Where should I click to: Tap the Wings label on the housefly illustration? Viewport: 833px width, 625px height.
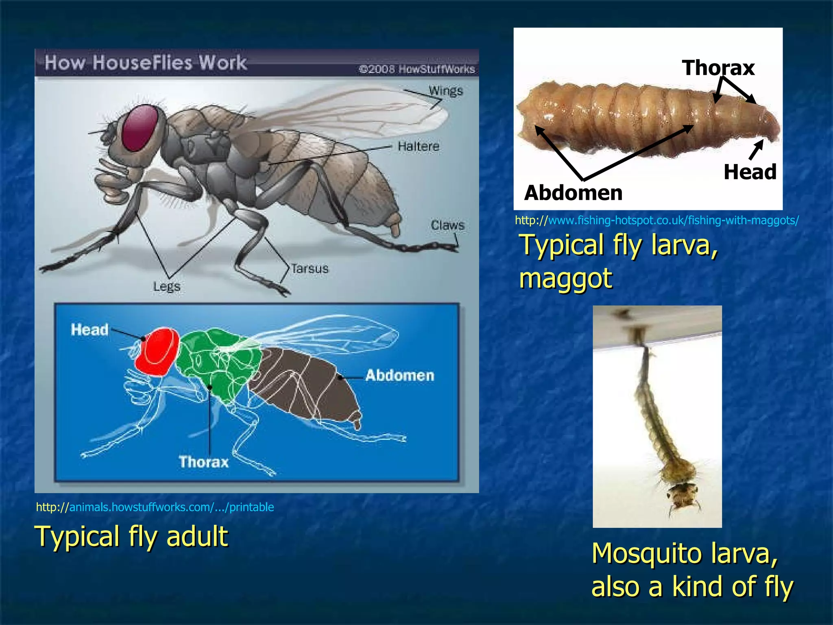point(446,90)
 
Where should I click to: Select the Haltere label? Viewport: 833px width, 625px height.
point(419,146)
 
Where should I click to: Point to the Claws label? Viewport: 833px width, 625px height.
point(447,225)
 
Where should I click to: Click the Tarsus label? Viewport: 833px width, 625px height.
point(310,269)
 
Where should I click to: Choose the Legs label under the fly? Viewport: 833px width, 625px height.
point(167,286)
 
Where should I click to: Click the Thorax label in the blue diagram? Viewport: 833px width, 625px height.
point(203,462)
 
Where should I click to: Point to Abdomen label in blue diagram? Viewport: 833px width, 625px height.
point(399,375)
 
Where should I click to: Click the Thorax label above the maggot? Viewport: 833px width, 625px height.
point(718,68)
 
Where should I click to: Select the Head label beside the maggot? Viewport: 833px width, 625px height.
point(750,172)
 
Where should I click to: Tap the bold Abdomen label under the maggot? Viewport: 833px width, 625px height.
point(573,192)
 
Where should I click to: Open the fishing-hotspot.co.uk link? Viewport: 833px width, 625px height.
point(656,221)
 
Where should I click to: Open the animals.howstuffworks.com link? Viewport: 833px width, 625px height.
point(155,507)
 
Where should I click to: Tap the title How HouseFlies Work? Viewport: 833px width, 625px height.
point(146,63)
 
